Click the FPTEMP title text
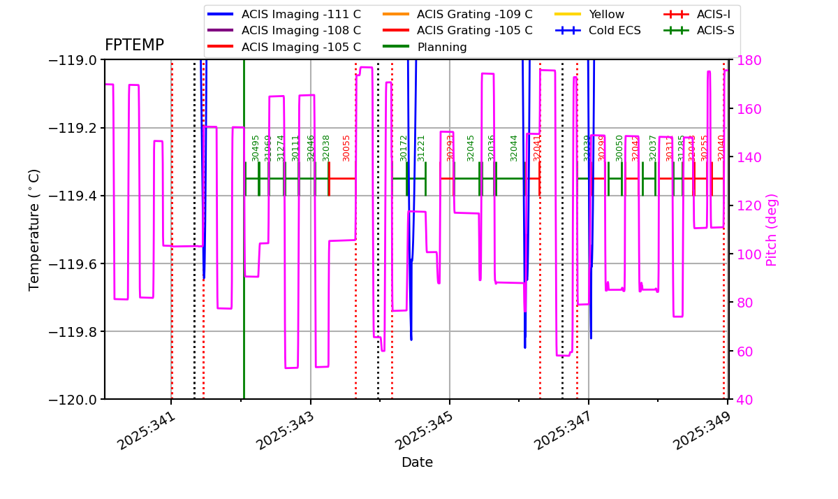pos(134,45)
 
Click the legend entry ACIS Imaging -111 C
pos(301,14)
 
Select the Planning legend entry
pos(442,48)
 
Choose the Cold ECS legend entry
pos(615,31)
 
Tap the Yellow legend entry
pos(606,14)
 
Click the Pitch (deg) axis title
pos(772,229)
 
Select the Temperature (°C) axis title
pos(35,229)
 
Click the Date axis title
pos(417,463)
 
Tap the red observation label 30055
pos(346,148)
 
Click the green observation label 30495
pos(256,148)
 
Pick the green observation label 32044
pos(514,148)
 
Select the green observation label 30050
pos(619,148)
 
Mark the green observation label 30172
pos(404,148)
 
